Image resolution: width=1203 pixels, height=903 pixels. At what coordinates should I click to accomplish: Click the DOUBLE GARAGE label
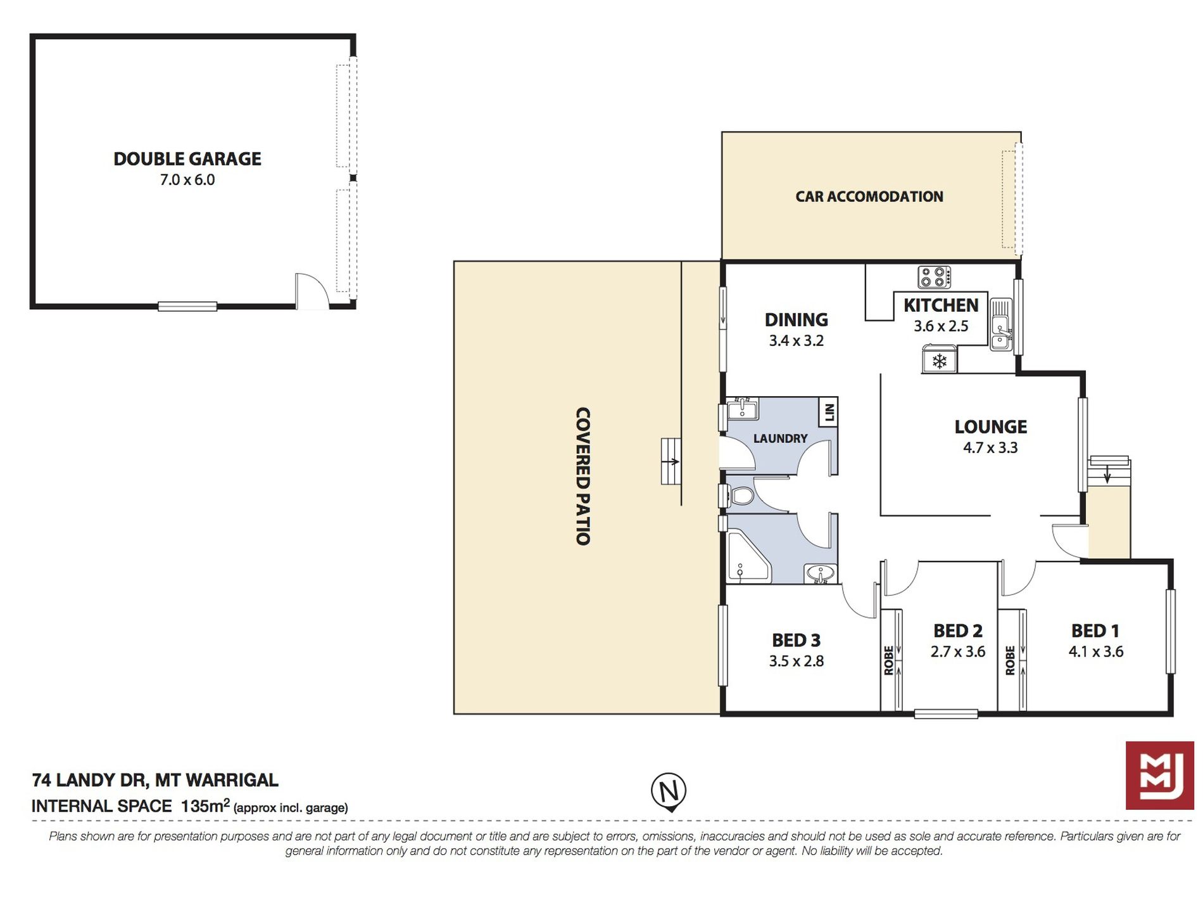point(187,158)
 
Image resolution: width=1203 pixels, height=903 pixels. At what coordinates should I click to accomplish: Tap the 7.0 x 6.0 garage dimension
point(187,180)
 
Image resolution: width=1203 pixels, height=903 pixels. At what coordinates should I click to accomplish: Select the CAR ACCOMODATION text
point(869,196)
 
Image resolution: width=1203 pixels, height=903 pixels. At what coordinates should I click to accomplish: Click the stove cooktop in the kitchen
point(935,277)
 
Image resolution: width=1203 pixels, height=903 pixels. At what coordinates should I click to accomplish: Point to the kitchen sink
point(1001,324)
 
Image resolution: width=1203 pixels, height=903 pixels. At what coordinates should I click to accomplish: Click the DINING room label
point(797,320)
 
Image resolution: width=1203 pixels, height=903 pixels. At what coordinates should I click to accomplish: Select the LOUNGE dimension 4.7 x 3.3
point(990,448)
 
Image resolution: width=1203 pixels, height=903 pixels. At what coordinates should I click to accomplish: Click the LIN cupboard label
point(829,413)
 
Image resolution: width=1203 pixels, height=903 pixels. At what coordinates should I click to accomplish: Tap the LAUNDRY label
point(780,439)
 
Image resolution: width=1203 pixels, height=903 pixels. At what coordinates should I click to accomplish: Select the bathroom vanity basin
point(821,574)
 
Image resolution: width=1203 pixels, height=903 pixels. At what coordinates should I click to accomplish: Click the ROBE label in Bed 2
point(889,660)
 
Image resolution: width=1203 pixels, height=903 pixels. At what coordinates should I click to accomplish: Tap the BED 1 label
point(1095,631)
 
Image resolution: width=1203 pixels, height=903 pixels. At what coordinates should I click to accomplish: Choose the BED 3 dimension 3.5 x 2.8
point(797,662)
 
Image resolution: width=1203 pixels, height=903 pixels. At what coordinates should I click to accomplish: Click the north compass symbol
point(669,791)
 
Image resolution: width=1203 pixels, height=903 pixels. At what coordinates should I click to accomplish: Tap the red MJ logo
point(1160,775)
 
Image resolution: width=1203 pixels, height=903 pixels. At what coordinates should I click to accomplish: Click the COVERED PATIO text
point(583,477)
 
